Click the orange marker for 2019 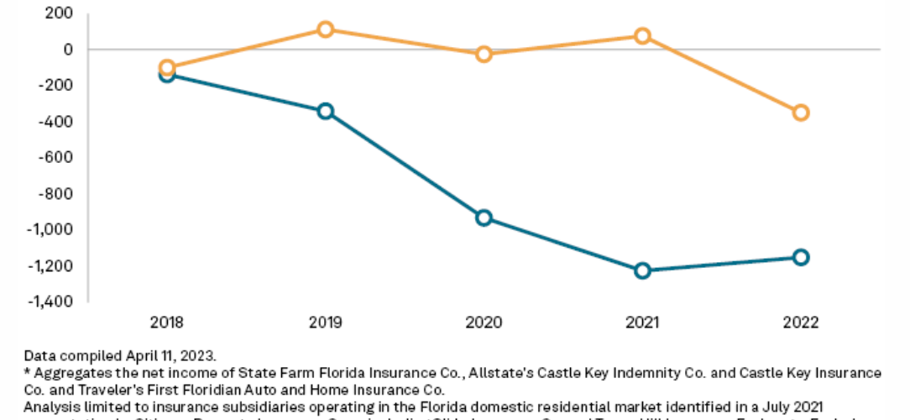(325, 29)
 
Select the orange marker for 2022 (801, 113)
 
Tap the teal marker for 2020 (484, 218)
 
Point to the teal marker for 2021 (642, 270)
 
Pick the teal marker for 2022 (801, 257)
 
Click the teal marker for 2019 (325, 111)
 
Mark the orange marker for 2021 (642, 36)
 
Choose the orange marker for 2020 (484, 54)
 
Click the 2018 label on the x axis (166, 322)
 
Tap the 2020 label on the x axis (484, 322)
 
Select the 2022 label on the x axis (801, 322)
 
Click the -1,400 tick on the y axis (51, 302)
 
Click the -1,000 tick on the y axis (51, 229)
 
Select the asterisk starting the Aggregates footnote (27, 370)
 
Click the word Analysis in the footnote (48, 404)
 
